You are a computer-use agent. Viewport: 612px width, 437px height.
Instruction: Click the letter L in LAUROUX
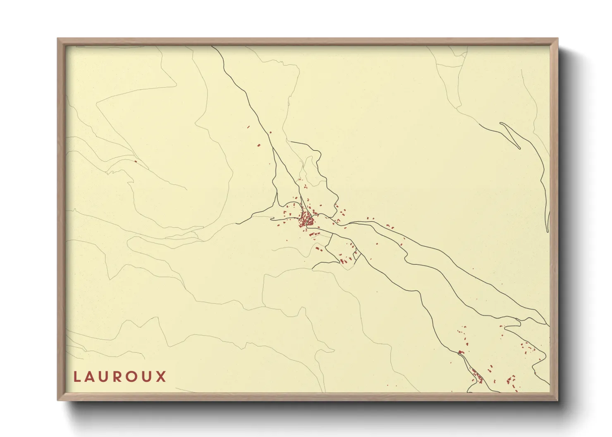(x=76, y=377)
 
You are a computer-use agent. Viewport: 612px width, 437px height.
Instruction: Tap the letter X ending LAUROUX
(x=161, y=377)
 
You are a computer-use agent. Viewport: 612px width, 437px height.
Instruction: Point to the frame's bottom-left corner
(x=58, y=399)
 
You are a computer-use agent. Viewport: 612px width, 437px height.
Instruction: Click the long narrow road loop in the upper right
(x=510, y=135)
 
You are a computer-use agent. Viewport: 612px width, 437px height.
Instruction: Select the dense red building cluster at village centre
(x=306, y=220)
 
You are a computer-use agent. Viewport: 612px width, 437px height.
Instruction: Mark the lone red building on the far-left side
(x=135, y=161)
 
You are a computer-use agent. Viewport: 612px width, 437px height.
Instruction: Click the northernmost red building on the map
(x=249, y=127)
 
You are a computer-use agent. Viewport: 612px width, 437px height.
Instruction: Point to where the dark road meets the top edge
(x=212, y=46)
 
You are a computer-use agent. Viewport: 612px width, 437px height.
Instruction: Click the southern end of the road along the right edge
(x=548, y=232)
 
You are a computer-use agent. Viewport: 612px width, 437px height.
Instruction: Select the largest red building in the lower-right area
(x=461, y=352)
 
